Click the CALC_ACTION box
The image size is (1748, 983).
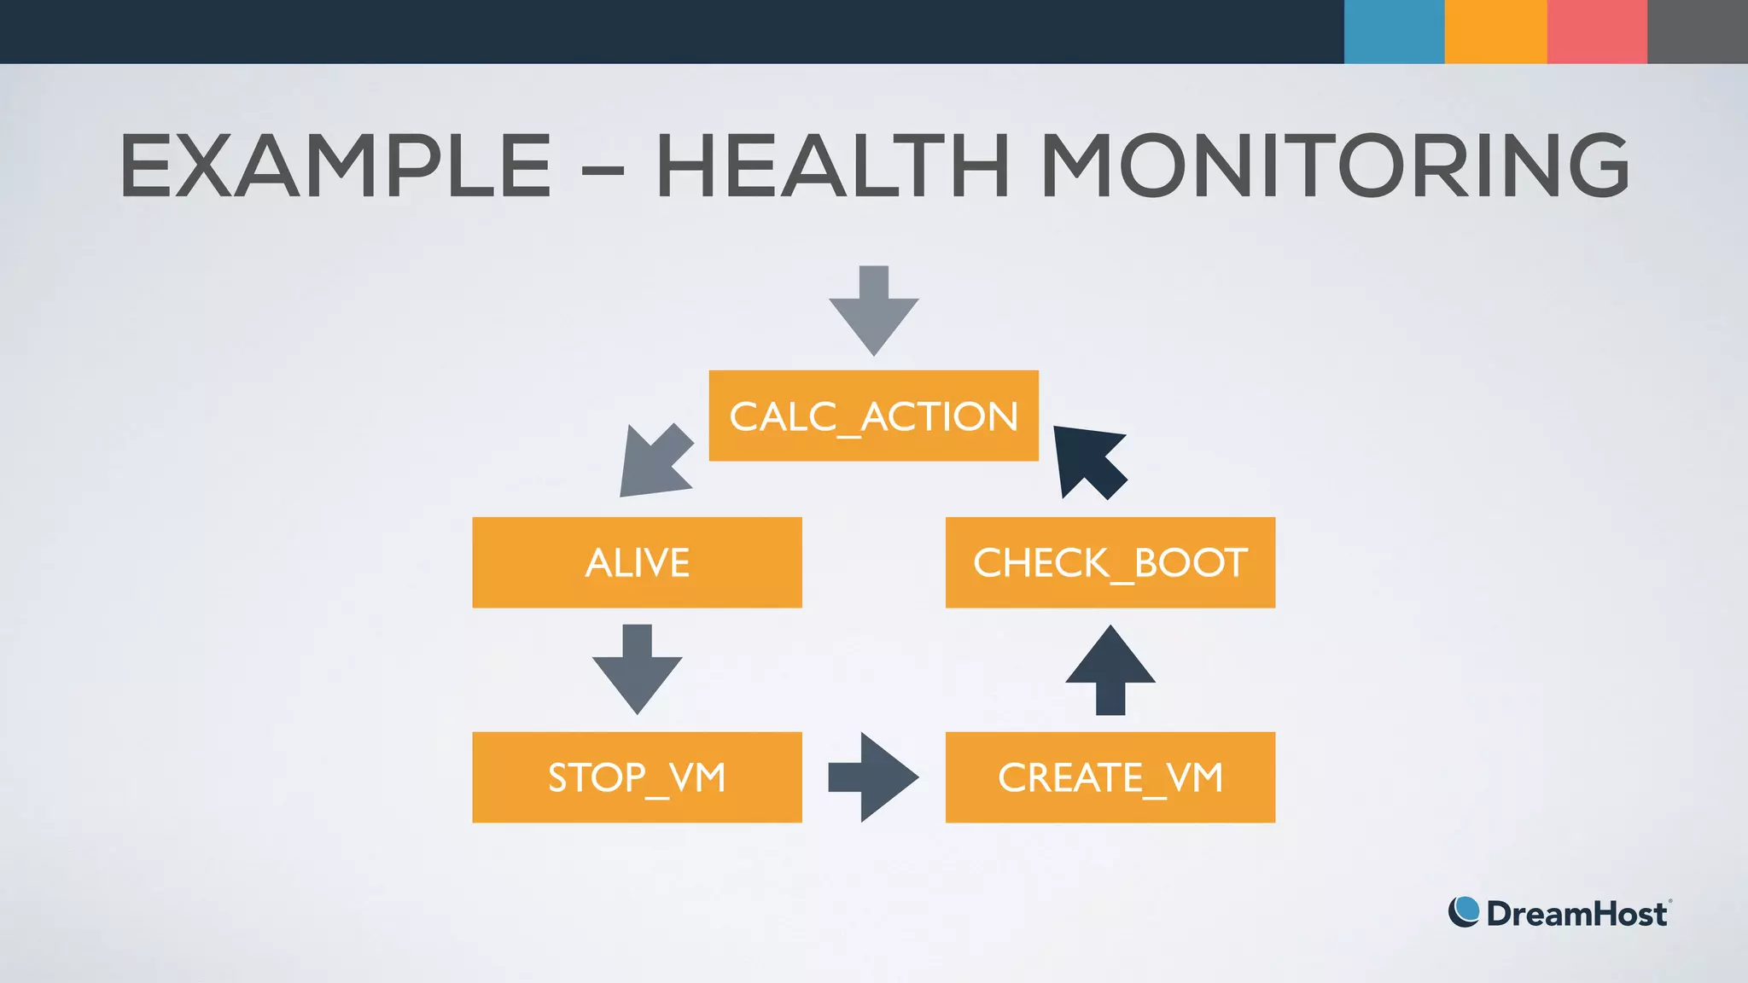point(873,416)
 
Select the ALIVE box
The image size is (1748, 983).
point(637,562)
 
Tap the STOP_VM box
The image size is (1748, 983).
point(637,777)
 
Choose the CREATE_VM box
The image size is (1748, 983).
point(1110,777)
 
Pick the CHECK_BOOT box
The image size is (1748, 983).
point(1110,562)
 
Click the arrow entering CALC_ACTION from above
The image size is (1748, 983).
point(873,311)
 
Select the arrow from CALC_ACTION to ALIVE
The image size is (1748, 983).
point(655,462)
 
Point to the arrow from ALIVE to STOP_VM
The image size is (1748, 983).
point(637,670)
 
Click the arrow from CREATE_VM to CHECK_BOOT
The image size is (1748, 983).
point(1110,670)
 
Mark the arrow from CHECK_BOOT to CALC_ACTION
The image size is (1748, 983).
point(1090,462)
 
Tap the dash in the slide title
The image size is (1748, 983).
point(603,168)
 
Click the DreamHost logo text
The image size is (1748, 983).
point(1576,914)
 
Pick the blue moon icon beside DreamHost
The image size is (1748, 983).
point(1464,912)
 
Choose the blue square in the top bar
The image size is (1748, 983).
point(1394,32)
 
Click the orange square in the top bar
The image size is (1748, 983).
point(1495,32)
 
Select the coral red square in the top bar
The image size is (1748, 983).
point(1597,32)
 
